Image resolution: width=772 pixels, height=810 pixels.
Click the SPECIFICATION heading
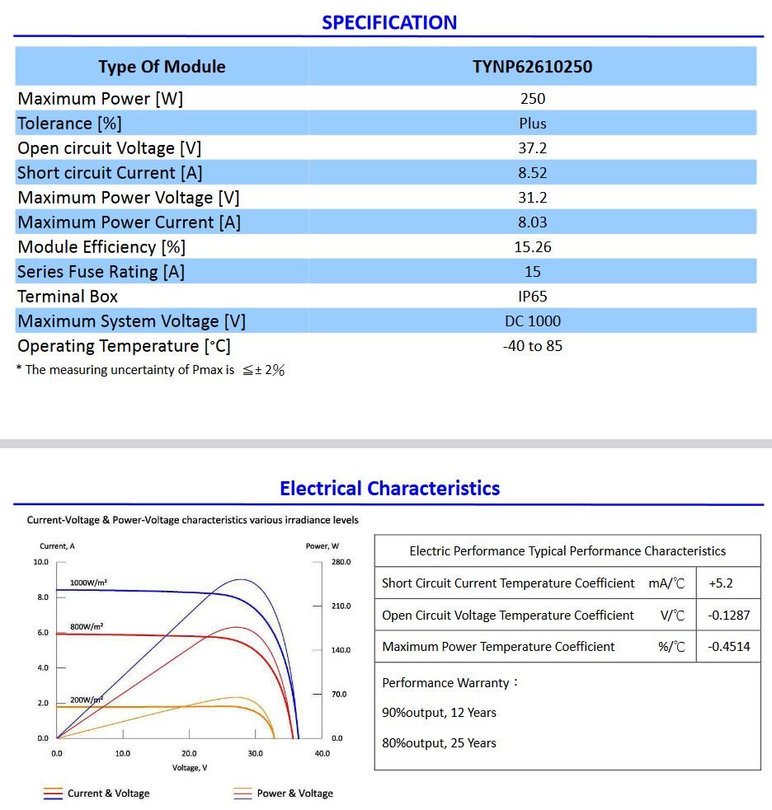click(389, 22)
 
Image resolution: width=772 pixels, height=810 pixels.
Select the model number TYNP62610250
click(532, 67)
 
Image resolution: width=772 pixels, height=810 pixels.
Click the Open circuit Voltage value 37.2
click(533, 148)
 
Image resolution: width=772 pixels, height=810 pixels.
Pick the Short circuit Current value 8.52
click(533, 173)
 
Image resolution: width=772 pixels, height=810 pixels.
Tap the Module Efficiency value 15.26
click(533, 247)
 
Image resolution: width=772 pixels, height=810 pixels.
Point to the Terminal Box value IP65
click(533, 297)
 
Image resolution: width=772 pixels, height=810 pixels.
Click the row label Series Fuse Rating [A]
click(101, 272)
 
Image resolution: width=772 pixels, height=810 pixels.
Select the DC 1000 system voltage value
click(533, 321)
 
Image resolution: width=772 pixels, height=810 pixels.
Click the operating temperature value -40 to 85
click(533, 346)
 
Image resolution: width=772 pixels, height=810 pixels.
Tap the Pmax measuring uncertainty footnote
click(151, 370)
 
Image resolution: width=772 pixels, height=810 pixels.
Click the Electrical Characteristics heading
click(389, 489)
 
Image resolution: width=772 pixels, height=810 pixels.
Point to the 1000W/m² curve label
click(88, 583)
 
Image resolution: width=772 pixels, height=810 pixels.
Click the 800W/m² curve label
click(87, 626)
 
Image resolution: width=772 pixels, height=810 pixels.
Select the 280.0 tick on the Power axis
click(341, 562)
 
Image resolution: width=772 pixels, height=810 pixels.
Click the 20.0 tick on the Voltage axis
click(189, 753)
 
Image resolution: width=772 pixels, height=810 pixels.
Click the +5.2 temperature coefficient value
click(720, 583)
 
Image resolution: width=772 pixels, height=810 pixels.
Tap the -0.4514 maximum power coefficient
click(729, 647)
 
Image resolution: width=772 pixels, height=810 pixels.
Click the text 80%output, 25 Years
click(439, 743)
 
